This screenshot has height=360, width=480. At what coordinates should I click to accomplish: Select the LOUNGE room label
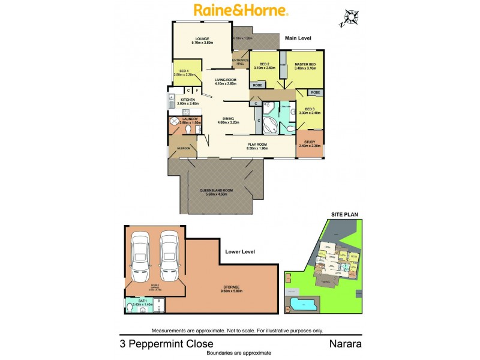coord(201,41)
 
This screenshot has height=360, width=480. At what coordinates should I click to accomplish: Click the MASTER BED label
coord(305,66)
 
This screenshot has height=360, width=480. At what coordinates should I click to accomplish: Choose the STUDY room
coord(310,144)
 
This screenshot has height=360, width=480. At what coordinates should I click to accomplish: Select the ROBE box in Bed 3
coord(315,93)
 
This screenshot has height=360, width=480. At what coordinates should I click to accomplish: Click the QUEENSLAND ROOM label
coord(217,191)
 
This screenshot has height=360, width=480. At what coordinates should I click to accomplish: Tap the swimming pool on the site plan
coord(304,303)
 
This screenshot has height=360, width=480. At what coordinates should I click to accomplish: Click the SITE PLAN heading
coord(344,214)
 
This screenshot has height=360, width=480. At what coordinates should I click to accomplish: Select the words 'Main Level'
coord(298,38)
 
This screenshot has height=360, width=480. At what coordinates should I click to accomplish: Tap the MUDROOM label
coord(183,148)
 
